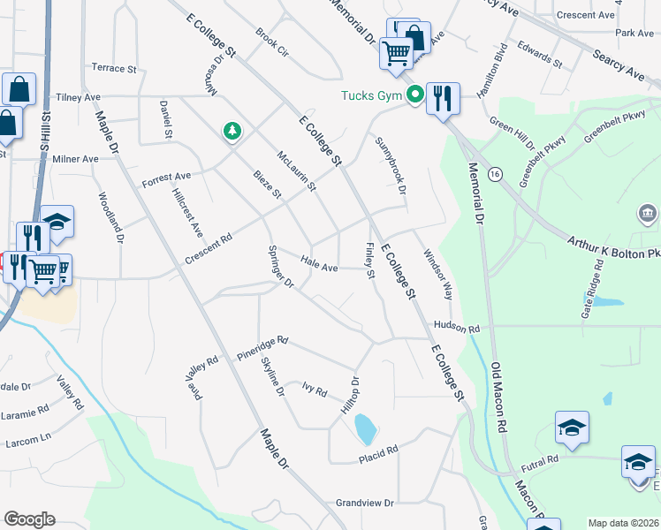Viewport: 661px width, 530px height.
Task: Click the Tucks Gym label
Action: (x=373, y=95)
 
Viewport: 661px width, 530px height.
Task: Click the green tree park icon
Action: (x=232, y=132)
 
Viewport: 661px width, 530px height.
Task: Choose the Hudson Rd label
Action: (x=456, y=328)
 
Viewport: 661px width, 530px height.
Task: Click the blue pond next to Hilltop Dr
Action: (x=364, y=430)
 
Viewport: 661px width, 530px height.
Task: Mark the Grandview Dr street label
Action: (x=364, y=503)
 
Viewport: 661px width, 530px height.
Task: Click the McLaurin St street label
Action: (x=296, y=170)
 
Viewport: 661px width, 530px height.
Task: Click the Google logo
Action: (x=29, y=519)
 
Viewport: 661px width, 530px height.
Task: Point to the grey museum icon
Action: (x=647, y=214)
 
